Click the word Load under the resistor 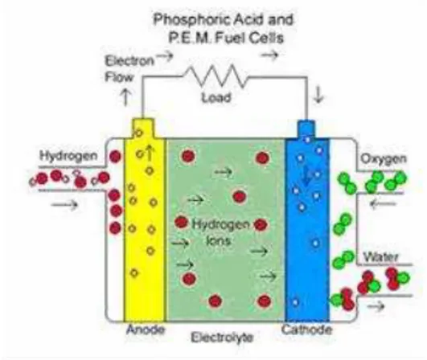[216, 97]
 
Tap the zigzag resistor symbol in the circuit [216, 76]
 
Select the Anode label [146, 329]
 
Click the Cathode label [307, 329]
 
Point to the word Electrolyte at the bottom [222, 337]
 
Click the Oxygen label [384, 159]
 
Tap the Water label [381, 256]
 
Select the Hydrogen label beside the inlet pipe [68, 156]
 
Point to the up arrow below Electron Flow [125, 97]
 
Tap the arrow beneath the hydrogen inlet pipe [65, 205]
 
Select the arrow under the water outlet [376, 307]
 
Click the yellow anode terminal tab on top [143, 128]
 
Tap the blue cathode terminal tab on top [306, 129]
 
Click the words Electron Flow [129, 69]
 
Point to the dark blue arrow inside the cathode [306, 176]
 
